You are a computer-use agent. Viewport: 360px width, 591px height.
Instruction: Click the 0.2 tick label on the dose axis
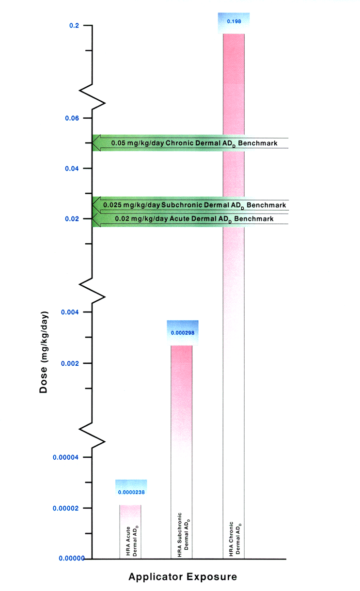74,25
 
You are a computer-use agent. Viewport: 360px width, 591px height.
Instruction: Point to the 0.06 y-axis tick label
72,118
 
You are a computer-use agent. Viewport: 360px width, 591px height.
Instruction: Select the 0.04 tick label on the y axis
72,169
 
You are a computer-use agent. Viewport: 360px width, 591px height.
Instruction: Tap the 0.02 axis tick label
72,218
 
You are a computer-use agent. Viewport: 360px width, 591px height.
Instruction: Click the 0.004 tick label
70,312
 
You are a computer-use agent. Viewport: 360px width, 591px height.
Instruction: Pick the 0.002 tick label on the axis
70,363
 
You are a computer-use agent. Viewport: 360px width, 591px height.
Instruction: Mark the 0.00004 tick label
66,457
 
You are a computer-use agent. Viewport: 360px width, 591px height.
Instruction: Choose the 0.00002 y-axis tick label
66,508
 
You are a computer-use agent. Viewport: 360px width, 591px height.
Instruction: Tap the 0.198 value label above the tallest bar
234,22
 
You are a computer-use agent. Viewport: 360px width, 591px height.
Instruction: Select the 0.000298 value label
183,333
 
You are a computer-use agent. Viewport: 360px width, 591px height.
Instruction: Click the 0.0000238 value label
131,493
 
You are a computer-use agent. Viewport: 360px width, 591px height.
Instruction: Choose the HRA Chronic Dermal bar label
234,538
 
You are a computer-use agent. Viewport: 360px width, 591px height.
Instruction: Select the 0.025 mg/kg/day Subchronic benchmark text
194,205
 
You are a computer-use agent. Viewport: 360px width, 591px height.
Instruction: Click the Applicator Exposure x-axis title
183,577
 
